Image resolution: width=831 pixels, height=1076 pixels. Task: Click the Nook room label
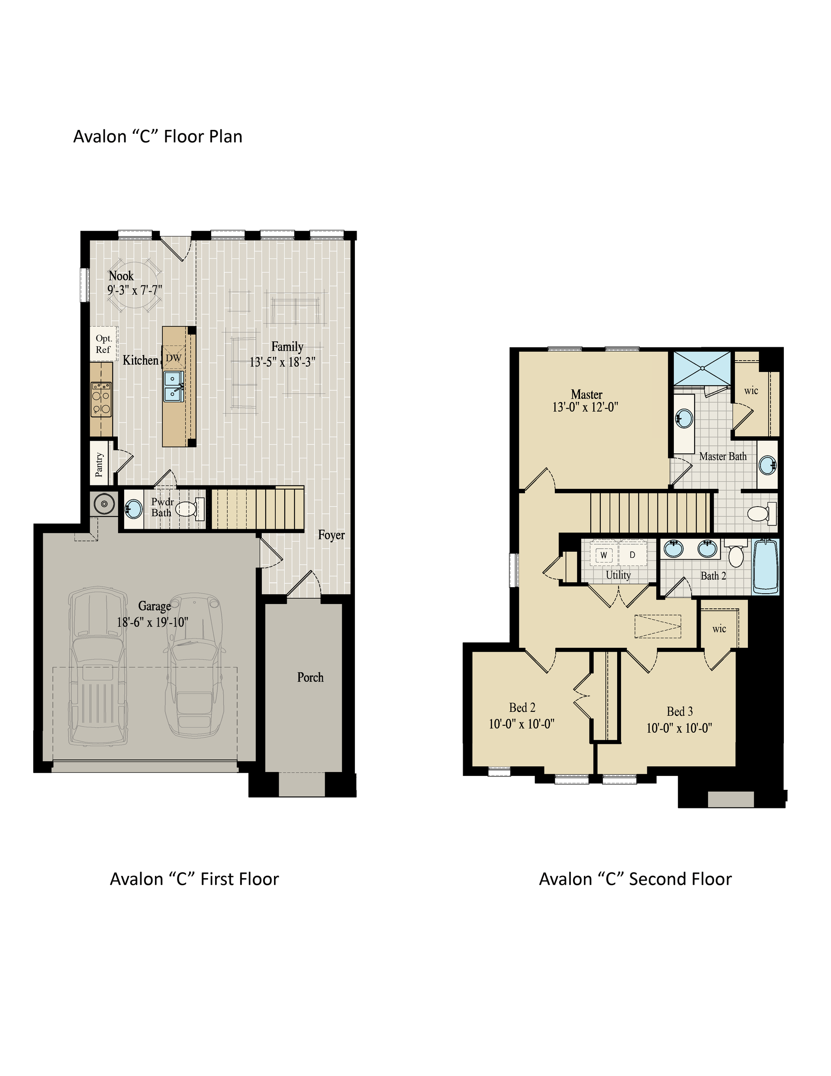[x=121, y=276]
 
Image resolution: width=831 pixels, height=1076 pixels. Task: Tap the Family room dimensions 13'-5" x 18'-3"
[x=282, y=362]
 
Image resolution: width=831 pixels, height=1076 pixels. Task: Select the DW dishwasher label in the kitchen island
[x=174, y=358]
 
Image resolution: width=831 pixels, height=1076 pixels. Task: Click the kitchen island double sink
[x=174, y=386]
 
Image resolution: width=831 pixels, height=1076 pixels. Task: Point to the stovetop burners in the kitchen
[x=101, y=400]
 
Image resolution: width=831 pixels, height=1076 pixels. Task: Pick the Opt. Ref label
[x=103, y=344]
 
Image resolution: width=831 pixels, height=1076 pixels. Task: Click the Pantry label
[x=99, y=465]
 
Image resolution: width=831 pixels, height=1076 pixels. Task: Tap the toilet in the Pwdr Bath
[x=190, y=509]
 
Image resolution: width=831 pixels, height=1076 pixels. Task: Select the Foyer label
[x=331, y=535]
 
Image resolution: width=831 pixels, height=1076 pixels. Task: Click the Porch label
[x=310, y=678]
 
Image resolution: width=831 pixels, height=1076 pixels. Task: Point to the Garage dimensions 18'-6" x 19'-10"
[x=152, y=622]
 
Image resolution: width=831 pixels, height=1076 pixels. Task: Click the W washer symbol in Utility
[x=604, y=555]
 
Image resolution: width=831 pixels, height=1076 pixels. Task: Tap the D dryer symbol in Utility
[x=632, y=555]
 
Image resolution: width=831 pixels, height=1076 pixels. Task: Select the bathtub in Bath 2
[x=766, y=566]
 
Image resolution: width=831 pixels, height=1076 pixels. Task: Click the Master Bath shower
[x=702, y=368]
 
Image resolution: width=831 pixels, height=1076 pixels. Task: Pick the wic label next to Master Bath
[x=751, y=391]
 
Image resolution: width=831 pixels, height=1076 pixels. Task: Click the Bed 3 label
[x=680, y=711]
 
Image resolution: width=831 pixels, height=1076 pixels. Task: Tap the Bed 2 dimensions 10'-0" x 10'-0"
[x=522, y=724]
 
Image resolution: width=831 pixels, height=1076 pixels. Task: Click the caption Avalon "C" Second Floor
[x=635, y=879]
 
